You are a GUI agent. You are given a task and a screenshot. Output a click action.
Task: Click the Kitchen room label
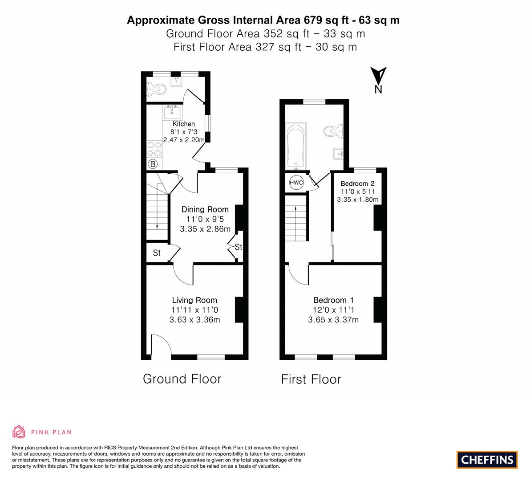183,124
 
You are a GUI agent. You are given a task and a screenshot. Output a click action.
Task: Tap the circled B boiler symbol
153,164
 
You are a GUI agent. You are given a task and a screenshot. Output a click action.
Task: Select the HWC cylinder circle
296,183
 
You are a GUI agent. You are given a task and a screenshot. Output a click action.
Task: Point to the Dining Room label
205,209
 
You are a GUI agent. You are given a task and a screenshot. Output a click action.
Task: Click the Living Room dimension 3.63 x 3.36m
195,320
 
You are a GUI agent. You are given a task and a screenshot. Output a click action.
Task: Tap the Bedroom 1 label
333,300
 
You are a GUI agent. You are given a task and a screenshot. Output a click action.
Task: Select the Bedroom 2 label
357,183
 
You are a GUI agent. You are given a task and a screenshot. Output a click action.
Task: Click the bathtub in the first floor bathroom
296,146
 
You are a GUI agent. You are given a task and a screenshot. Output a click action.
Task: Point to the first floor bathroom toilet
333,131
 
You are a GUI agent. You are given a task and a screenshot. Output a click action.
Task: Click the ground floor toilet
157,90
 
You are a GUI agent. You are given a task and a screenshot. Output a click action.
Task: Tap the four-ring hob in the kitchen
154,149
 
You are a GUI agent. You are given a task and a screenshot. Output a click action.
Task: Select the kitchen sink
172,112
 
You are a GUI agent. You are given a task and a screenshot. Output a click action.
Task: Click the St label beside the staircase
157,253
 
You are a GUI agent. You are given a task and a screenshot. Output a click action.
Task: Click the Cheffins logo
487,460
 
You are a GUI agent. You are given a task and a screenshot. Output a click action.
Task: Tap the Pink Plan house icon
19,432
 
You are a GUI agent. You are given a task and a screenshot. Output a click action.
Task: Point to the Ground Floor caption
182,379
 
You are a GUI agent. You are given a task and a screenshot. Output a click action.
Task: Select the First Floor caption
311,379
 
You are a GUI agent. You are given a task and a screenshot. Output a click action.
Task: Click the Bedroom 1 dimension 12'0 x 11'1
333,310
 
